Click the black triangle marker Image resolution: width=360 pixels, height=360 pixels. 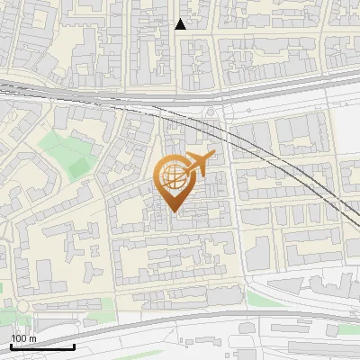[181, 24]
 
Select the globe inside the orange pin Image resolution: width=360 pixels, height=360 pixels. [174, 175]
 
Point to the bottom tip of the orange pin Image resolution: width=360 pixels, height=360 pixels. [174, 212]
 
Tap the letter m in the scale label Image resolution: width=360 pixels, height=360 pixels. [33, 338]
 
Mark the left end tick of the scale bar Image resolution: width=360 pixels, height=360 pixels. [11, 346]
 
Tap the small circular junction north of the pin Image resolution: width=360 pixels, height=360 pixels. [211, 111]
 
